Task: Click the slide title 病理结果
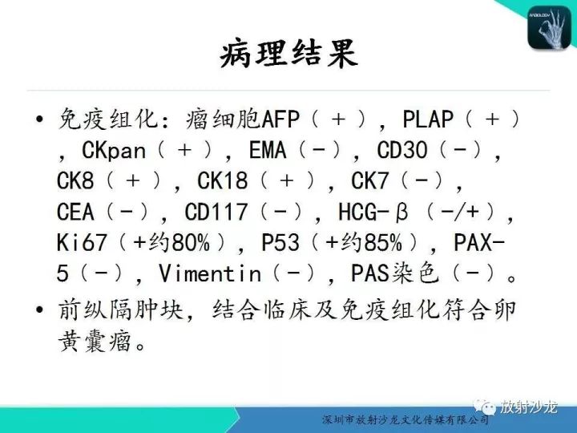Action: pos(288,54)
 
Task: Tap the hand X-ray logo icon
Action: pos(551,27)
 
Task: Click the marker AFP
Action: pos(281,120)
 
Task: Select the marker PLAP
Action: pos(428,120)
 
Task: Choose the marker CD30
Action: pos(403,151)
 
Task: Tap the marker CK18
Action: pos(223,181)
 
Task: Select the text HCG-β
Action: pos(373,212)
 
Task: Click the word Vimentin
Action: pos(210,273)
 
